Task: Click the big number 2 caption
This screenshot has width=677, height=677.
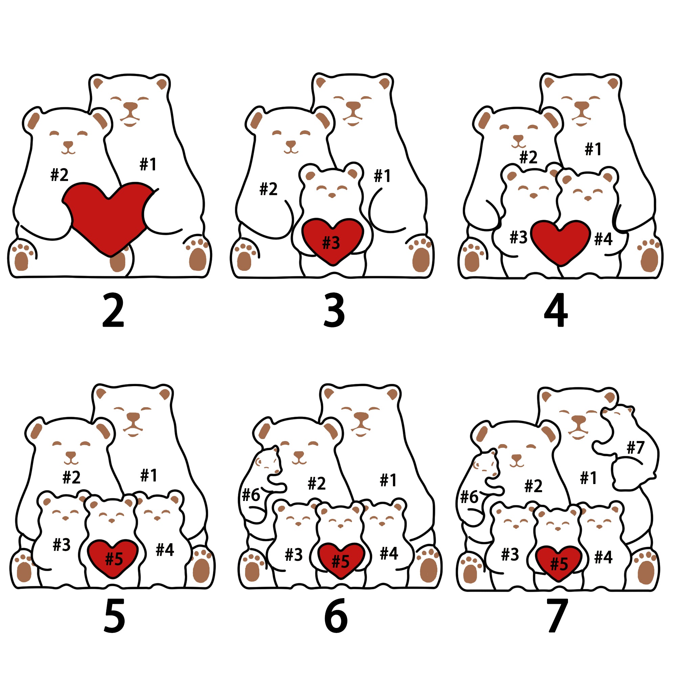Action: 113,310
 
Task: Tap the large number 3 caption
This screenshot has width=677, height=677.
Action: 334,310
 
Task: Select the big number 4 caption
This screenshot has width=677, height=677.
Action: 556,310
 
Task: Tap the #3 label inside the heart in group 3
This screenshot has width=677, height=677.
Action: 331,242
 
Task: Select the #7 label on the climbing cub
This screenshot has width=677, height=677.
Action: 636,447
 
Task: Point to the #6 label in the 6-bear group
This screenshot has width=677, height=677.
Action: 251,495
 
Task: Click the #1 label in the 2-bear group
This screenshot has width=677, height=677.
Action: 148,164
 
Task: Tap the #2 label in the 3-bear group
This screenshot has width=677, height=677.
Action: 268,189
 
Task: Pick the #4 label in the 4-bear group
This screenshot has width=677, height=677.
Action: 604,239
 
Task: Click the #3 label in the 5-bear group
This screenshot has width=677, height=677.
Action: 62,545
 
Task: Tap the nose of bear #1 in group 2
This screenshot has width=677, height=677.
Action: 130,106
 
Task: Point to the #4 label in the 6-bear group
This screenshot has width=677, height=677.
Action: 389,554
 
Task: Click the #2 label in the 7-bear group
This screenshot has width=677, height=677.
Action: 533,486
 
